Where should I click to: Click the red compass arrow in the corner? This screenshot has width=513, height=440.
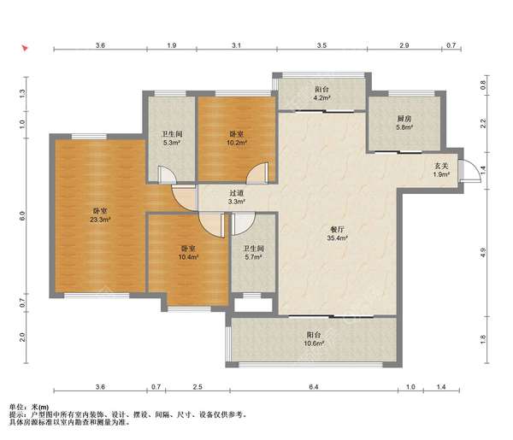tap(25, 49)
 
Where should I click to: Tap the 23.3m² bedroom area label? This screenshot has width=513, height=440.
tap(100, 215)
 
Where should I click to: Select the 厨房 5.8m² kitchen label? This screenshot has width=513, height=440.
tap(404, 123)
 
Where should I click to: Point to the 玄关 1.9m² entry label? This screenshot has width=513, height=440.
tap(441, 170)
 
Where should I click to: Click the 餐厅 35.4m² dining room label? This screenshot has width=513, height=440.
tap(337, 234)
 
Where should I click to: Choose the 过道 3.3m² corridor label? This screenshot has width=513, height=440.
tap(237, 197)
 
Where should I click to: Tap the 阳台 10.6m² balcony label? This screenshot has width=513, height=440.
tap(314, 339)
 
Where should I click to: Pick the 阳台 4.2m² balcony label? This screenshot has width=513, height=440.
tap(322, 93)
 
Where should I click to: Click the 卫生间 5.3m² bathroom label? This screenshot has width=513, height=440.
tap(172, 138)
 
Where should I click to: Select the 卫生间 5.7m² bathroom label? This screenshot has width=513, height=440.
tap(253, 253)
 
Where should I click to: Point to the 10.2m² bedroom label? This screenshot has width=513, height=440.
tap(237, 138)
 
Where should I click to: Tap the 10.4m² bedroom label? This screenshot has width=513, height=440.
tap(188, 253)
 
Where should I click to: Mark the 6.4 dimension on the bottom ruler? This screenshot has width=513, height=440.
tap(314, 387)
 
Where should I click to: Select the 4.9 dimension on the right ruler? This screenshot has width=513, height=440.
tap(483, 253)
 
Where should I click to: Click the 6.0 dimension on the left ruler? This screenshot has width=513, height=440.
tap(22, 215)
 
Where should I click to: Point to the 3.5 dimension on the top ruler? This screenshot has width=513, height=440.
tap(322, 45)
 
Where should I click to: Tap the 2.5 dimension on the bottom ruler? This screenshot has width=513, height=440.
tap(198, 387)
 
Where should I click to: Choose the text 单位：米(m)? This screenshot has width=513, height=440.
tap(29, 407)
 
